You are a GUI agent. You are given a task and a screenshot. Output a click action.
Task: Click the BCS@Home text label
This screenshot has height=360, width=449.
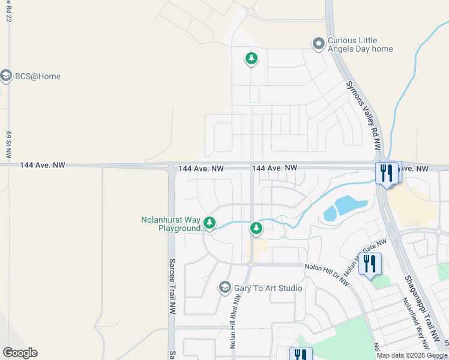point(38,77)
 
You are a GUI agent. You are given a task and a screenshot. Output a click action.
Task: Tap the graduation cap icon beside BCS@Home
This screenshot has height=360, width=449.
point(6,76)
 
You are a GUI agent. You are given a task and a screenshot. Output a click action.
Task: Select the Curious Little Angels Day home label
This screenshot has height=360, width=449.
point(360,45)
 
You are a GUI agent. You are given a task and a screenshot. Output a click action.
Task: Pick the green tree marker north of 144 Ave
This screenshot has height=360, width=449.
point(251,58)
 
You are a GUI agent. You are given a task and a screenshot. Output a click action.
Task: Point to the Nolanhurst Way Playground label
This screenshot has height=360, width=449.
point(170,224)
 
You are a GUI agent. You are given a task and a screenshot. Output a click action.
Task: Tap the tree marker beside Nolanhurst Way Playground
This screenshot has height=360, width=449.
point(209,223)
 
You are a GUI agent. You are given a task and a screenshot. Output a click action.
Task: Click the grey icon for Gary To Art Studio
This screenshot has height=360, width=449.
point(225,288)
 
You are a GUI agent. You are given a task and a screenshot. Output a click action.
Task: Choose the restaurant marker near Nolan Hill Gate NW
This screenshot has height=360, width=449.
point(370,263)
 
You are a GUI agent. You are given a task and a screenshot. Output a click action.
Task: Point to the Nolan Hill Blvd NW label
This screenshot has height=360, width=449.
point(234,321)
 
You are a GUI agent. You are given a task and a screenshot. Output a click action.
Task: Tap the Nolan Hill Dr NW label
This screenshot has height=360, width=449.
point(327,275)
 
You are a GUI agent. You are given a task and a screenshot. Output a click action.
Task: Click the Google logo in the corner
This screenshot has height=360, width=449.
point(20,353)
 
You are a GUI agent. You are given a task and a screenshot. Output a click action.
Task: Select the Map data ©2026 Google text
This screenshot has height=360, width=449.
point(412,355)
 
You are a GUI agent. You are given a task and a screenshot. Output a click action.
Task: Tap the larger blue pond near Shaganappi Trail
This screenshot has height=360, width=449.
point(351,206)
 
